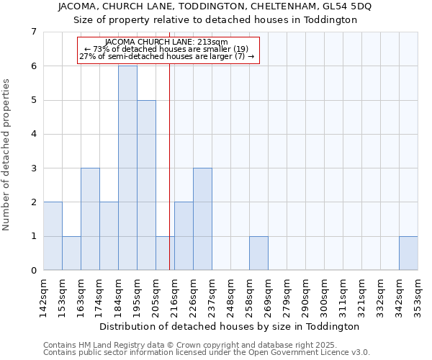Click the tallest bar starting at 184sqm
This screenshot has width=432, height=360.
(x=127, y=168)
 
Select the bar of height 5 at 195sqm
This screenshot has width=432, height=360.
(x=146, y=185)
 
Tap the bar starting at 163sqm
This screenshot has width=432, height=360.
(x=90, y=219)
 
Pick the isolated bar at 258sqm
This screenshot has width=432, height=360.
(x=258, y=253)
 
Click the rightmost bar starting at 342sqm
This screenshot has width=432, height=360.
(x=408, y=253)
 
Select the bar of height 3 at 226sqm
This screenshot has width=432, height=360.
(x=202, y=219)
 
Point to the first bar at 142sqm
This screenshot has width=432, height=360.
(x=53, y=236)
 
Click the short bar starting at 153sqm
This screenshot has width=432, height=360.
(x=71, y=253)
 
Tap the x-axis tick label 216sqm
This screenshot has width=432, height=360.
(x=175, y=295)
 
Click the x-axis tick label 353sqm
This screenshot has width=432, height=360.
(x=418, y=295)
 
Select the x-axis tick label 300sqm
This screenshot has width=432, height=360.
(x=325, y=295)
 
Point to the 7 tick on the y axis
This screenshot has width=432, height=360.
(x=33, y=32)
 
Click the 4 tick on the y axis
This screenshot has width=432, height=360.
(x=33, y=134)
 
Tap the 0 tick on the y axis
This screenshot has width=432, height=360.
(x=33, y=271)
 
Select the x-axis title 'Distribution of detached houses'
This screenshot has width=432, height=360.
(x=230, y=326)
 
